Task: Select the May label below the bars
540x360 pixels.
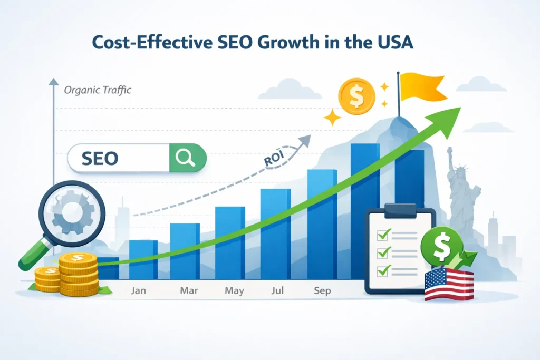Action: pyautogui.click(x=234, y=291)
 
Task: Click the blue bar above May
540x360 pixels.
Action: pyautogui.click(x=229, y=242)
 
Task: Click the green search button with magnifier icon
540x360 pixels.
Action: pyautogui.click(x=187, y=157)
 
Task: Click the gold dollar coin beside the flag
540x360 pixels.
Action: pyautogui.click(x=358, y=96)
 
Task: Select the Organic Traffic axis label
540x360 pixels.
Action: pyautogui.click(x=97, y=90)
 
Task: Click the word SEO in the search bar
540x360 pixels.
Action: pyautogui.click(x=100, y=157)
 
